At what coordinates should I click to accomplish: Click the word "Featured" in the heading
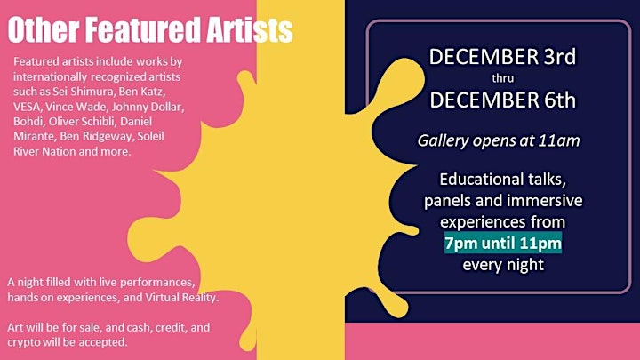(x=143, y=30)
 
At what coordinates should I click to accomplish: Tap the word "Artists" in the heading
(x=250, y=30)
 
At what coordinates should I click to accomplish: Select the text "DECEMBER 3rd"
(x=502, y=57)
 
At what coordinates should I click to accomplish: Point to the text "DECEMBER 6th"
(x=503, y=100)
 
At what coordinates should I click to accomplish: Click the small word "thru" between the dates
(x=502, y=78)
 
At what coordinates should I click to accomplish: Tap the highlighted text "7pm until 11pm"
(x=503, y=244)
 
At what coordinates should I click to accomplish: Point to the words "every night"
(x=503, y=265)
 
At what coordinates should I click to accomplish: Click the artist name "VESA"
(x=27, y=107)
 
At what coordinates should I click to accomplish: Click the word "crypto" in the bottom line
(x=24, y=342)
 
